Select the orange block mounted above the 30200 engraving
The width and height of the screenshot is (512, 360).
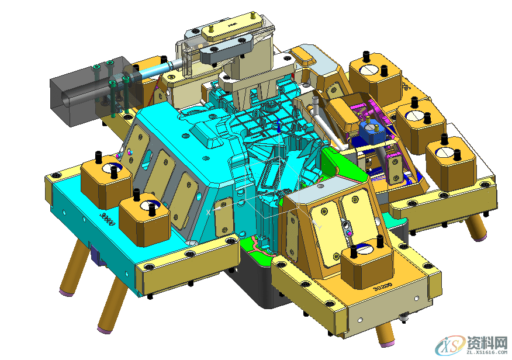click(365, 266)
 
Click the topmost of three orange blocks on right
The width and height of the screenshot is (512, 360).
click(375, 79)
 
